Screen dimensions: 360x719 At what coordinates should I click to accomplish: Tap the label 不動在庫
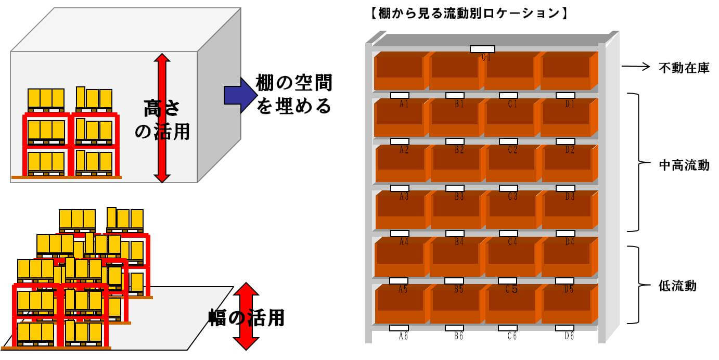(x=684, y=68)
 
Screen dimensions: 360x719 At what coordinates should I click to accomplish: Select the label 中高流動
(x=684, y=165)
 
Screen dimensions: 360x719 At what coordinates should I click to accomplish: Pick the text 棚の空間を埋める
(x=294, y=94)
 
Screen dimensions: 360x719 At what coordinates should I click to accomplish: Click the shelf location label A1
(x=404, y=104)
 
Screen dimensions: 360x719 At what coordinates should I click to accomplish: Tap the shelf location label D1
(x=570, y=104)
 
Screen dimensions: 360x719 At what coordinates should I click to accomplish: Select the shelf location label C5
(x=512, y=290)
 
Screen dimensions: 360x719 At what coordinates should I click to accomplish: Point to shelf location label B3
(x=459, y=197)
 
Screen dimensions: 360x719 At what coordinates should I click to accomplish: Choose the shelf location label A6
(x=403, y=336)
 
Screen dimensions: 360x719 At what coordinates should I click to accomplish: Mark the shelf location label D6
(x=569, y=336)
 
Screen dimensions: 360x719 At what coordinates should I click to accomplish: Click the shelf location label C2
(x=512, y=150)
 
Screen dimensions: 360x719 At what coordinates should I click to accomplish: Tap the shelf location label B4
(x=459, y=242)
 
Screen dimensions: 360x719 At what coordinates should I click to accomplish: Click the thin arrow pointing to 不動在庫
(x=636, y=67)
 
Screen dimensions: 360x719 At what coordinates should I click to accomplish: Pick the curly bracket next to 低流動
(x=635, y=285)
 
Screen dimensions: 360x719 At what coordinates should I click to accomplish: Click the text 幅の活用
(x=247, y=317)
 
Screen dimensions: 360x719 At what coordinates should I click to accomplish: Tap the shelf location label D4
(x=570, y=242)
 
